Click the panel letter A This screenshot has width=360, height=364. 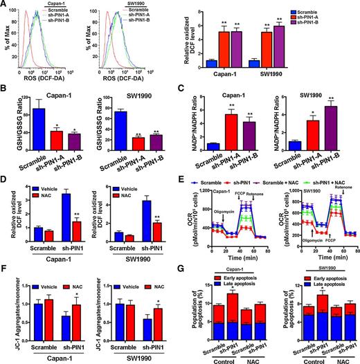point(5,6)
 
